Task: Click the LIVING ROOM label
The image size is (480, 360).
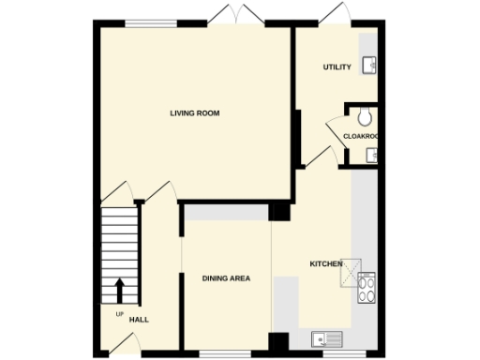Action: pos(194,113)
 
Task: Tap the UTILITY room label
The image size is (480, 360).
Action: pos(337,67)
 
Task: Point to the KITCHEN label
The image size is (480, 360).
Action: pos(325,264)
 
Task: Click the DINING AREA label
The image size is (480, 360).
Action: pos(226,278)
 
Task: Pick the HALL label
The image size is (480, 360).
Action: pos(139,320)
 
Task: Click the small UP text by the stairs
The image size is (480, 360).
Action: pos(119,313)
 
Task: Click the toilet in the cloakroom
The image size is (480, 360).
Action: pos(366,116)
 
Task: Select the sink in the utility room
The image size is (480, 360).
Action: pos(369,65)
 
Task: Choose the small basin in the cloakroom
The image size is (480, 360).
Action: pos(371,156)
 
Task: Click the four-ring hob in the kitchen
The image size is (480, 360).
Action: pos(366,286)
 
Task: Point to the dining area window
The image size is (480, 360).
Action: pos(225,354)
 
